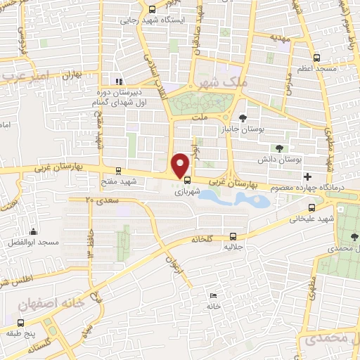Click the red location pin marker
181,166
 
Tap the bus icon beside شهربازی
186,178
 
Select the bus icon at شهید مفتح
117,170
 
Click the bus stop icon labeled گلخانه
233,237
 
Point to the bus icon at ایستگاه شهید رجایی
153,9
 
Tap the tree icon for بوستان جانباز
243,117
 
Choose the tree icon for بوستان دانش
280,148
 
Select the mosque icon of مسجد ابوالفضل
32,231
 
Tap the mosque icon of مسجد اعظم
316,58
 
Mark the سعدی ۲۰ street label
98,200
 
